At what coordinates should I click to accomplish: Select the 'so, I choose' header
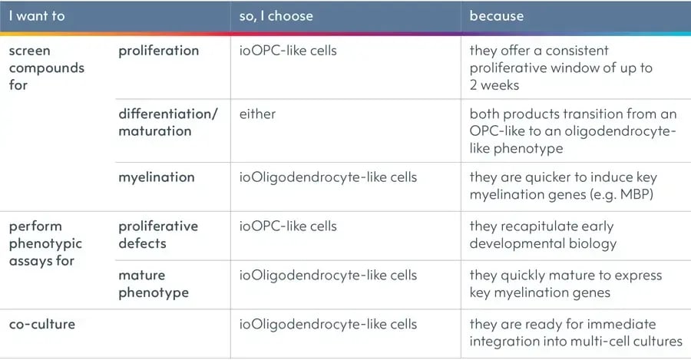[x=276, y=15]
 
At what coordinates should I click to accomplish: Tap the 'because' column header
[x=496, y=15]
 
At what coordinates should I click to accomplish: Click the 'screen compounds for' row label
[x=46, y=68]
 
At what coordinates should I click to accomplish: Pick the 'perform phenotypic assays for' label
[x=46, y=243]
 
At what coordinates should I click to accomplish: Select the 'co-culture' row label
[x=41, y=324]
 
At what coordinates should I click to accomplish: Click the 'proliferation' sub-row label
[x=158, y=51]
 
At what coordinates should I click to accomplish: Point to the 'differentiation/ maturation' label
[x=167, y=122]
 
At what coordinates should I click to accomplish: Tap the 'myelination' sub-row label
[x=156, y=177]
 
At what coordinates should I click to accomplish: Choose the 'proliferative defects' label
[x=157, y=234]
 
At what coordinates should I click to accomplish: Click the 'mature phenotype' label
[x=153, y=283]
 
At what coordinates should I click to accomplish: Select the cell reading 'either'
[x=257, y=114]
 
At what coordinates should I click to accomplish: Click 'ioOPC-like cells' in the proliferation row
[x=288, y=51]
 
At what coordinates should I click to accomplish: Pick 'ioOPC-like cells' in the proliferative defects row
[x=288, y=226]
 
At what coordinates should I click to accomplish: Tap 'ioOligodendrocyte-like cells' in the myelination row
[x=328, y=177]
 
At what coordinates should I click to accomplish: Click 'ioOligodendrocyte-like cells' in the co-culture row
[x=328, y=324]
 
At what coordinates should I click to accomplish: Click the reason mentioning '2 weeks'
[x=560, y=68]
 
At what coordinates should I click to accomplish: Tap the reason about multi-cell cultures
[x=575, y=332]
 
